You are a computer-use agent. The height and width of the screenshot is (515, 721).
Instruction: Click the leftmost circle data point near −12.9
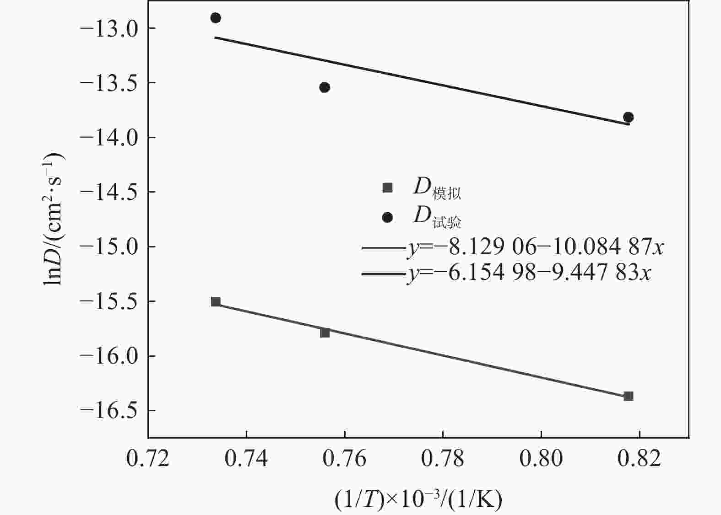pos(216,18)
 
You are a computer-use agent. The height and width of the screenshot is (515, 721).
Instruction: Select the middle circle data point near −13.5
pos(325,87)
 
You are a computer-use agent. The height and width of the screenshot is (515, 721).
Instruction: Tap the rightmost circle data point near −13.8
pos(628,117)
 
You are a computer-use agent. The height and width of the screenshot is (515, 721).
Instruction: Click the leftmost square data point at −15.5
pos(216,301)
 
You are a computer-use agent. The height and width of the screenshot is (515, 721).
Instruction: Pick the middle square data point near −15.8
pos(325,333)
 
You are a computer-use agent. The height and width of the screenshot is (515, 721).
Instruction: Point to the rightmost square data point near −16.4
pos(628,396)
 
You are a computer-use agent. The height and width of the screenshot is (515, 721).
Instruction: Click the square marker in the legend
pos(387,188)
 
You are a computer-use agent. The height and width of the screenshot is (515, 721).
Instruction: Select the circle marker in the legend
pos(387,217)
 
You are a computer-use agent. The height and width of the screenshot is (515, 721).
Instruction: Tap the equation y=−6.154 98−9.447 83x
pos(529,273)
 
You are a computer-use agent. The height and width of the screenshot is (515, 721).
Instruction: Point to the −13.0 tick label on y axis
pos(105,28)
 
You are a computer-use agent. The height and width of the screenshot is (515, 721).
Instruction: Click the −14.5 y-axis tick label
pos(105,192)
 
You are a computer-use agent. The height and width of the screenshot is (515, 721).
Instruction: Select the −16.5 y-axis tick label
pos(105,411)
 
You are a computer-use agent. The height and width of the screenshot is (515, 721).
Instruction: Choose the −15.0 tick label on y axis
pos(105,247)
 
